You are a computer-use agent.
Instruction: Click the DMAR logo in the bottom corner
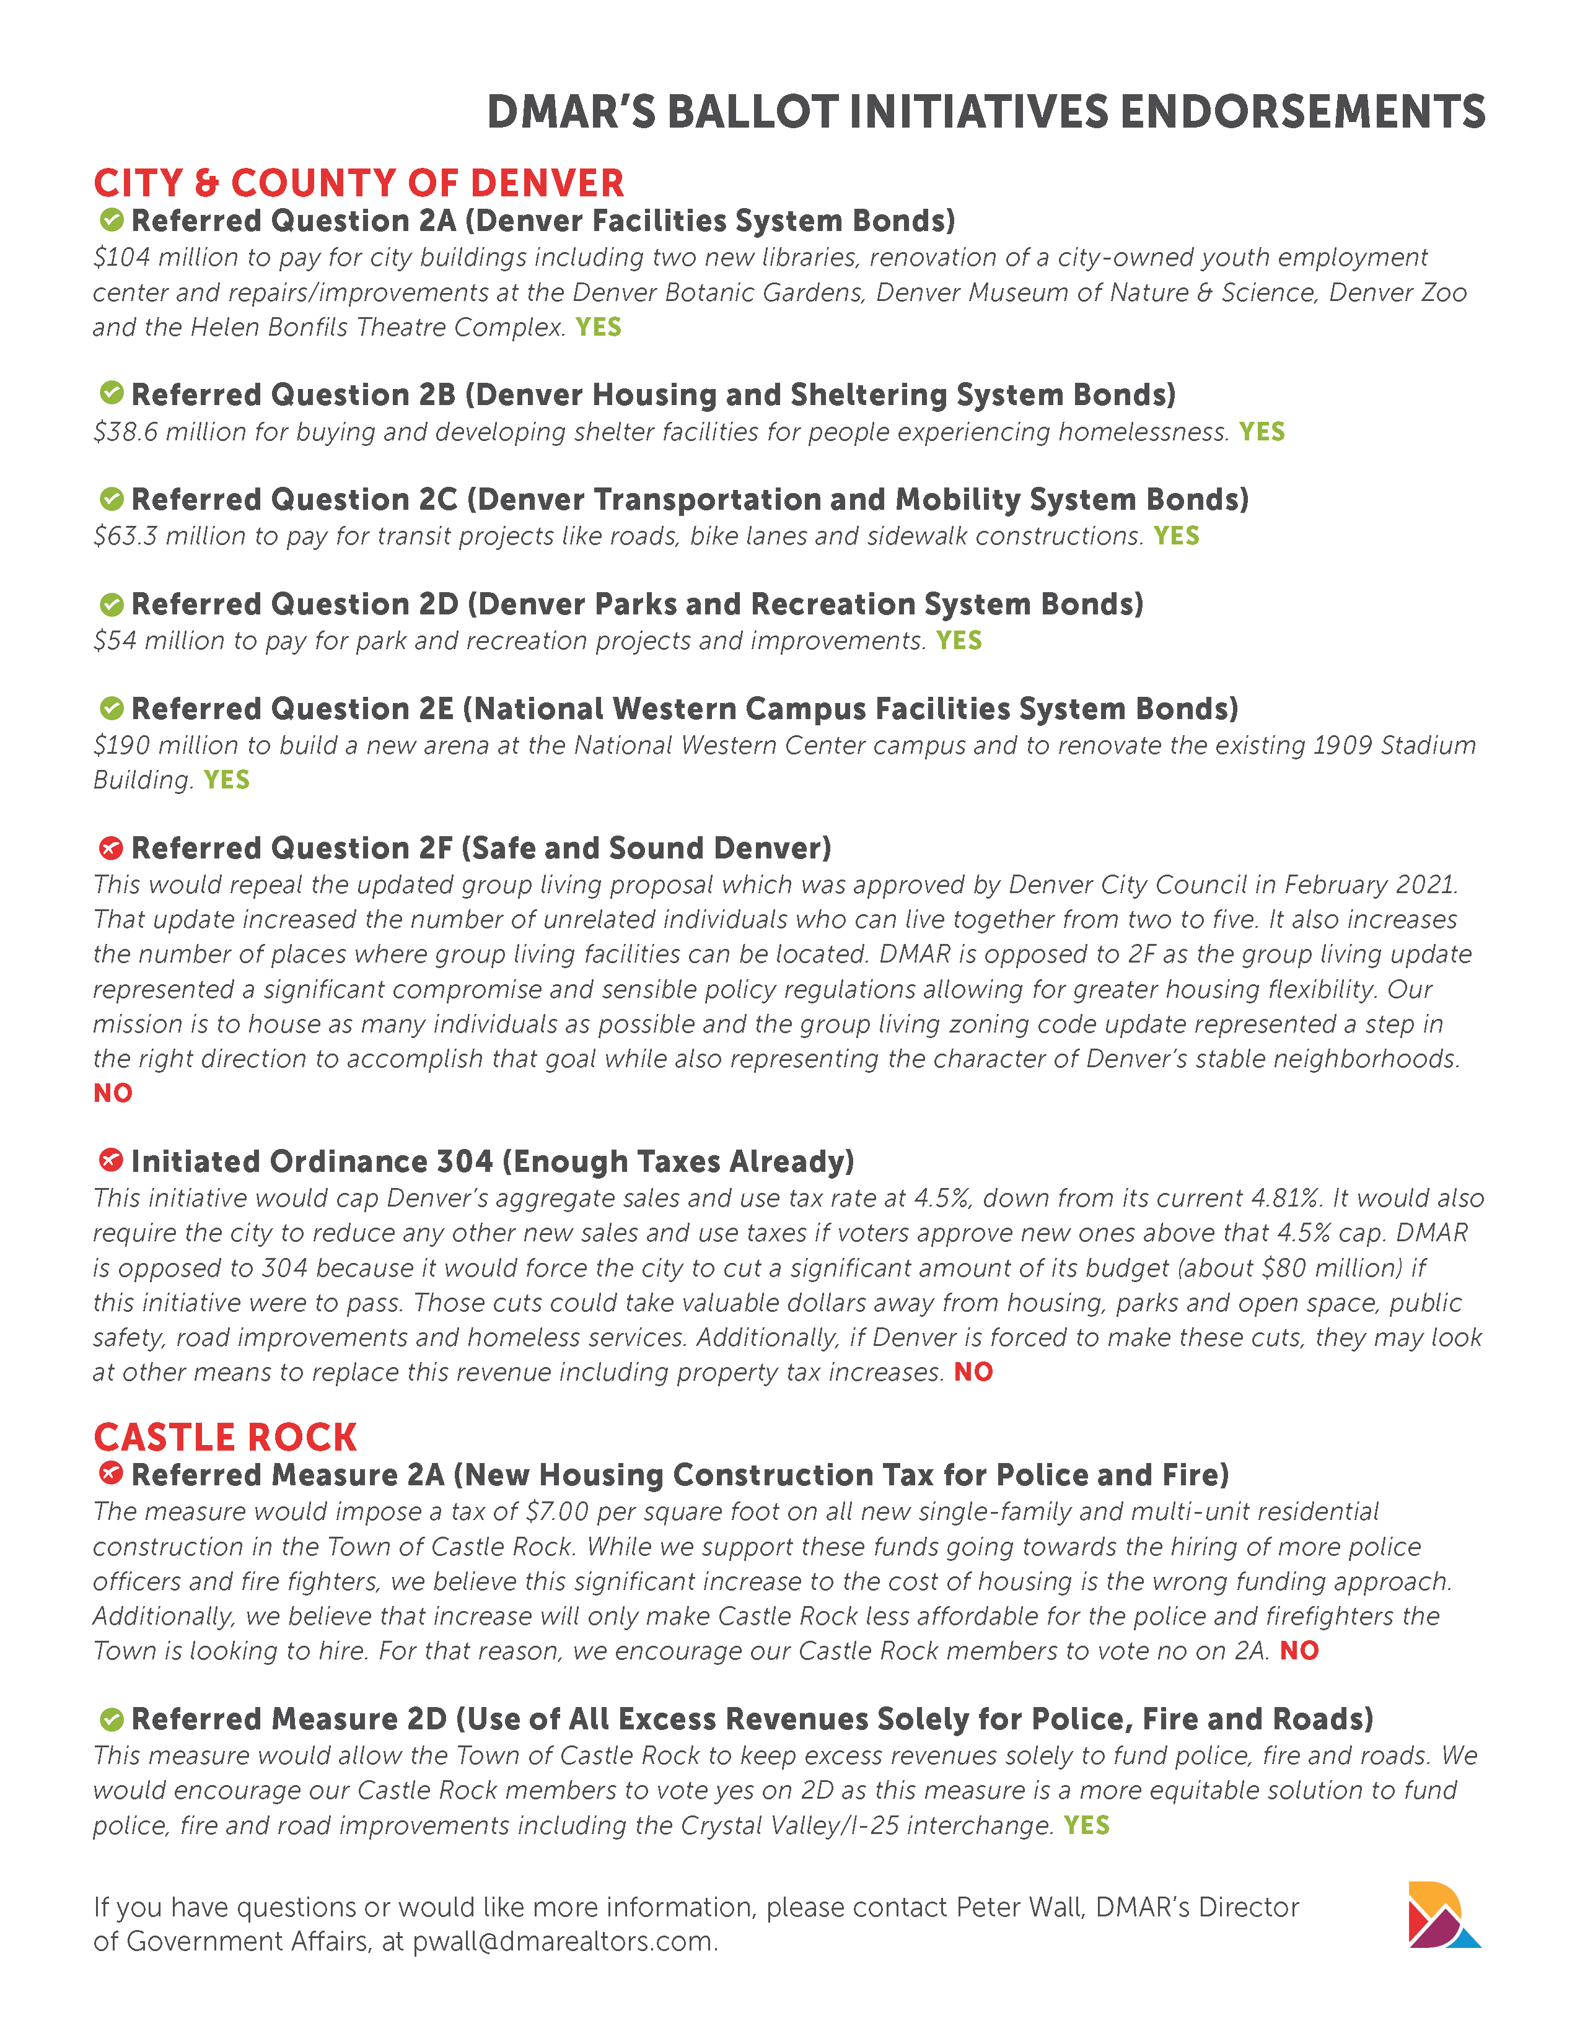coord(1443,1914)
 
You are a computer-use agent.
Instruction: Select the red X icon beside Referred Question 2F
coord(112,848)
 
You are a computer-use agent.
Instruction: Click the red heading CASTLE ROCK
coord(226,1436)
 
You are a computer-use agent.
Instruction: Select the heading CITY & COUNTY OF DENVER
coord(359,183)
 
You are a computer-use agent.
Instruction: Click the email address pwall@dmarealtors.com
coord(564,1942)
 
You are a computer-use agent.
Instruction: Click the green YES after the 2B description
coord(1262,432)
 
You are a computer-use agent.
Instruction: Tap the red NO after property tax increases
coord(973,1372)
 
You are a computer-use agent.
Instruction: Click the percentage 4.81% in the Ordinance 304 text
coord(1279,1198)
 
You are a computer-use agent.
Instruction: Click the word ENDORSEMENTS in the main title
coord(1303,112)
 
